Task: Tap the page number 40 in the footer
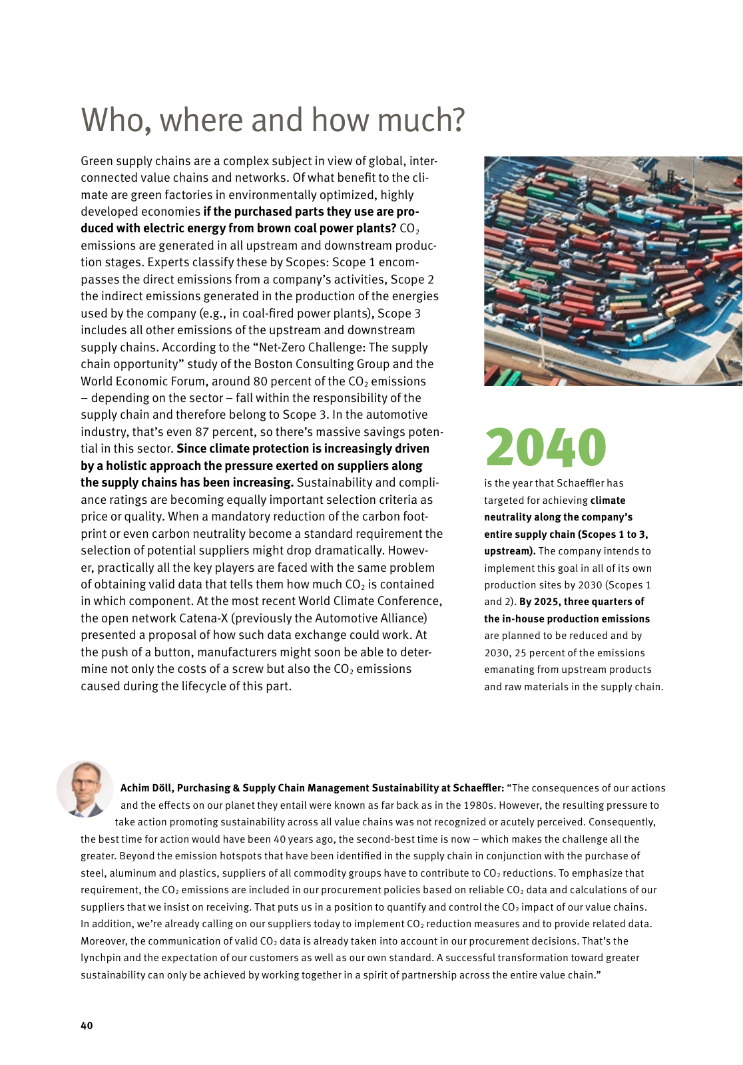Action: [x=87, y=1025]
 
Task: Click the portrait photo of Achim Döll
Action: [x=85, y=789]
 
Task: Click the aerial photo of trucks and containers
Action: [x=613, y=271]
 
